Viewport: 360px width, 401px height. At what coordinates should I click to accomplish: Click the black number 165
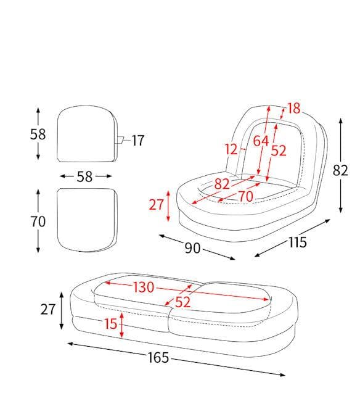click(x=158, y=357)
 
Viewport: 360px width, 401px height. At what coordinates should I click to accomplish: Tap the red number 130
click(x=144, y=287)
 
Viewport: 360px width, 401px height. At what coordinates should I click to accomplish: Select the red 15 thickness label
click(x=111, y=324)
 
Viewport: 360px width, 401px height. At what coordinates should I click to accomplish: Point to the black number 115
click(x=297, y=242)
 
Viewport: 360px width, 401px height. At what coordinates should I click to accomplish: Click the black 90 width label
click(x=192, y=248)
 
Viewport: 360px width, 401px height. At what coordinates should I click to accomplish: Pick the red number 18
click(x=294, y=108)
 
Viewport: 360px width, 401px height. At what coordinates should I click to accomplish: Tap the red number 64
click(x=261, y=141)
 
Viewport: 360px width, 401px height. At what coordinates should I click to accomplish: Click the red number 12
click(x=231, y=149)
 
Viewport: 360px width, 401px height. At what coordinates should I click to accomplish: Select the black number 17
click(x=137, y=141)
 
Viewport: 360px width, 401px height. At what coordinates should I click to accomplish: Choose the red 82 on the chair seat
click(x=222, y=184)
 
